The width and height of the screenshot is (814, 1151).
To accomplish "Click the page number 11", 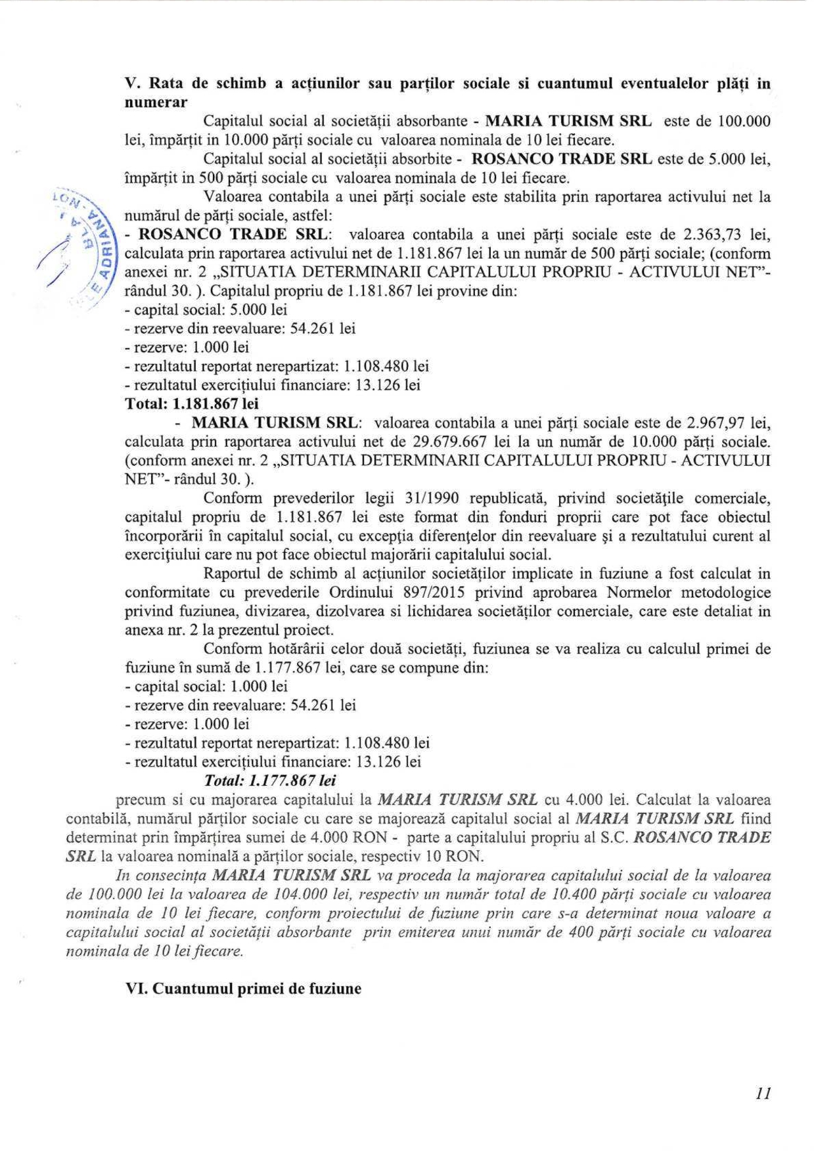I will point(763,1093).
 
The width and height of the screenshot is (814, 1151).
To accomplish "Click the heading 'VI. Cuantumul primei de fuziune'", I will point(243,989).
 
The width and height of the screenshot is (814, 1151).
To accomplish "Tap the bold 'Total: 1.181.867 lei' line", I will point(192,403).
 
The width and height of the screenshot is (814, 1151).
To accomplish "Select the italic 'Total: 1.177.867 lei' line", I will point(270,780).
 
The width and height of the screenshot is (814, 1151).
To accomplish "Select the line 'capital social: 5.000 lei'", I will point(206,309).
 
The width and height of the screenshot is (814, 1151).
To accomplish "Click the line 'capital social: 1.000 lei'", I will point(206,687).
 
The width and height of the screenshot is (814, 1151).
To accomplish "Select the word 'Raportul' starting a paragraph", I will point(232,574).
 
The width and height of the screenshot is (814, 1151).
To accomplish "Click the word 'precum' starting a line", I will point(139,800).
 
